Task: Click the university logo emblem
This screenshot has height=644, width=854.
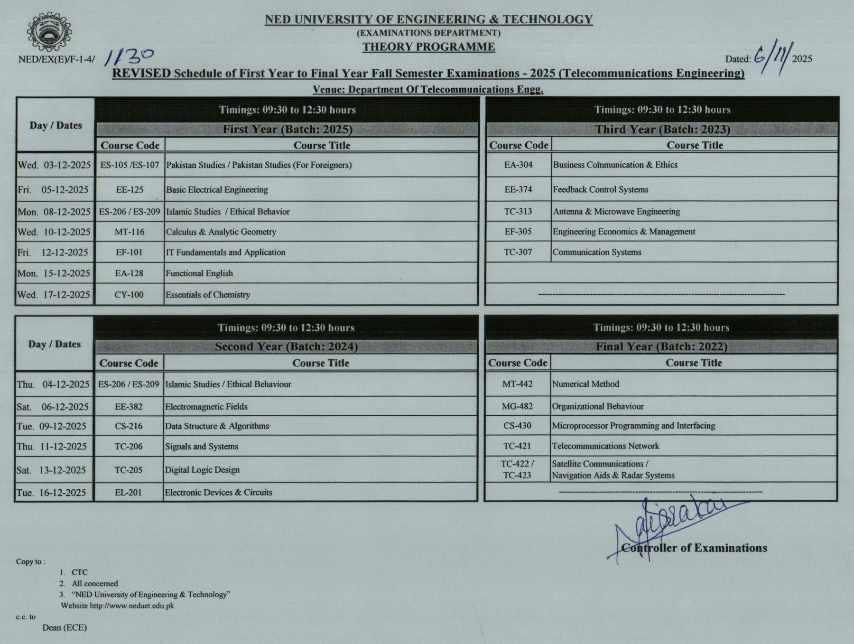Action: point(49,32)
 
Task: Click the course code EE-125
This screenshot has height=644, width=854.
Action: point(130,190)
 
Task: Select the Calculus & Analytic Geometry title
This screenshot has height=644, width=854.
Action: point(221,232)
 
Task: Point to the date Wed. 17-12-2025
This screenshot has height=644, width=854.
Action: point(54,295)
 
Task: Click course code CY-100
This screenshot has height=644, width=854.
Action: point(129,295)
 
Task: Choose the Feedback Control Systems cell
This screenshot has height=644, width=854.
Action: point(600,190)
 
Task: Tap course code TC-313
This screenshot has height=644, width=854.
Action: point(518,212)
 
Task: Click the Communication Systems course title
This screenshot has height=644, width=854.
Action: point(597,252)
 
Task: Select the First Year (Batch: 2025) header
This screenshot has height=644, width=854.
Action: point(288,130)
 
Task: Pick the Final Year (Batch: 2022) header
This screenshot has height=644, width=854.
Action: point(661,347)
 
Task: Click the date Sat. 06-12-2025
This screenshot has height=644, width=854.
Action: point(53,407)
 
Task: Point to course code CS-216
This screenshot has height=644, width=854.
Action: point(129,426)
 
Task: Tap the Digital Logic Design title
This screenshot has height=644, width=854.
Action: point(202,470)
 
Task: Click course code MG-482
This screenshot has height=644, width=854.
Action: point(517,407)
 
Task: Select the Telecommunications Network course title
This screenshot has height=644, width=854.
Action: point(605,446)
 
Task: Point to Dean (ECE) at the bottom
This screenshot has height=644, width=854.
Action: point(65,628)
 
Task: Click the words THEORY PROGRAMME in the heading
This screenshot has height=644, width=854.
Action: point(428,47)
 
